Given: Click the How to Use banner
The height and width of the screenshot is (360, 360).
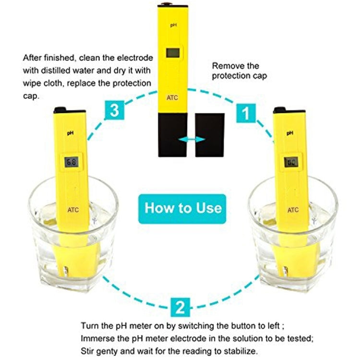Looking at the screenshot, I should coord(183,207).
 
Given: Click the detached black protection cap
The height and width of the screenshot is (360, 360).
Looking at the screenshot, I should coord(209,135).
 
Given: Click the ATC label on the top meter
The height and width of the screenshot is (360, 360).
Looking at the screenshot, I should coord(172,97).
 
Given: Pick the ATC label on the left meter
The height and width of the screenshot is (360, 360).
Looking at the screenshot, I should coord(73,209).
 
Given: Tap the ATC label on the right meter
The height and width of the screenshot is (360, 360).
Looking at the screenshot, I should coord(293,209).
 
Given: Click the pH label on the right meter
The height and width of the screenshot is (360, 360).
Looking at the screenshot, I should coord(290,133).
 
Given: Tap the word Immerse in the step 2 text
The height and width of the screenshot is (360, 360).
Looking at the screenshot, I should coord(98,338).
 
